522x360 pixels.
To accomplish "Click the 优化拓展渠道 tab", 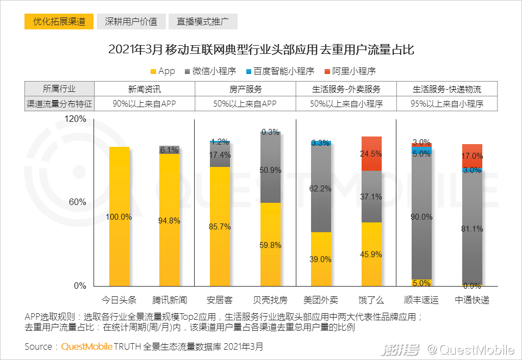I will (x=59, y=22).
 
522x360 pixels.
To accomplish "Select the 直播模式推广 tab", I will (x=203, y=22).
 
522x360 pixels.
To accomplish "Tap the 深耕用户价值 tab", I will (x=131, y=22).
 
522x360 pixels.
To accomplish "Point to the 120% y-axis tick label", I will (x=76, y=119).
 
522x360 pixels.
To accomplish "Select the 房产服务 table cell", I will (x=245, y=89).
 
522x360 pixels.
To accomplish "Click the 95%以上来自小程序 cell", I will (x=447, y=103).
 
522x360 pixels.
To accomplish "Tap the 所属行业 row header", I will (x=59, y=89).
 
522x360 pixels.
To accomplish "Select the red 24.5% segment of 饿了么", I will (x=371, y=153).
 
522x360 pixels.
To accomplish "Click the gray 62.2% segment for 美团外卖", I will (x=321, y=189).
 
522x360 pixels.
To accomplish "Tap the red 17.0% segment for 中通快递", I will (x=472, y=156).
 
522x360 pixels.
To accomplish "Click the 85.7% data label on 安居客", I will (x=220, y=227).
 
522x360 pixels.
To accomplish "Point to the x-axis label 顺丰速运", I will (x=421, y=300).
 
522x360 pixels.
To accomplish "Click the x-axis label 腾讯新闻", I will (x=170, y=300).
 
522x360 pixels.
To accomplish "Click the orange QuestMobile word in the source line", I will (x=87, y=346).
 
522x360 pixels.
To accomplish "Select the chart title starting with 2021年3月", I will (x=261, y=49).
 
